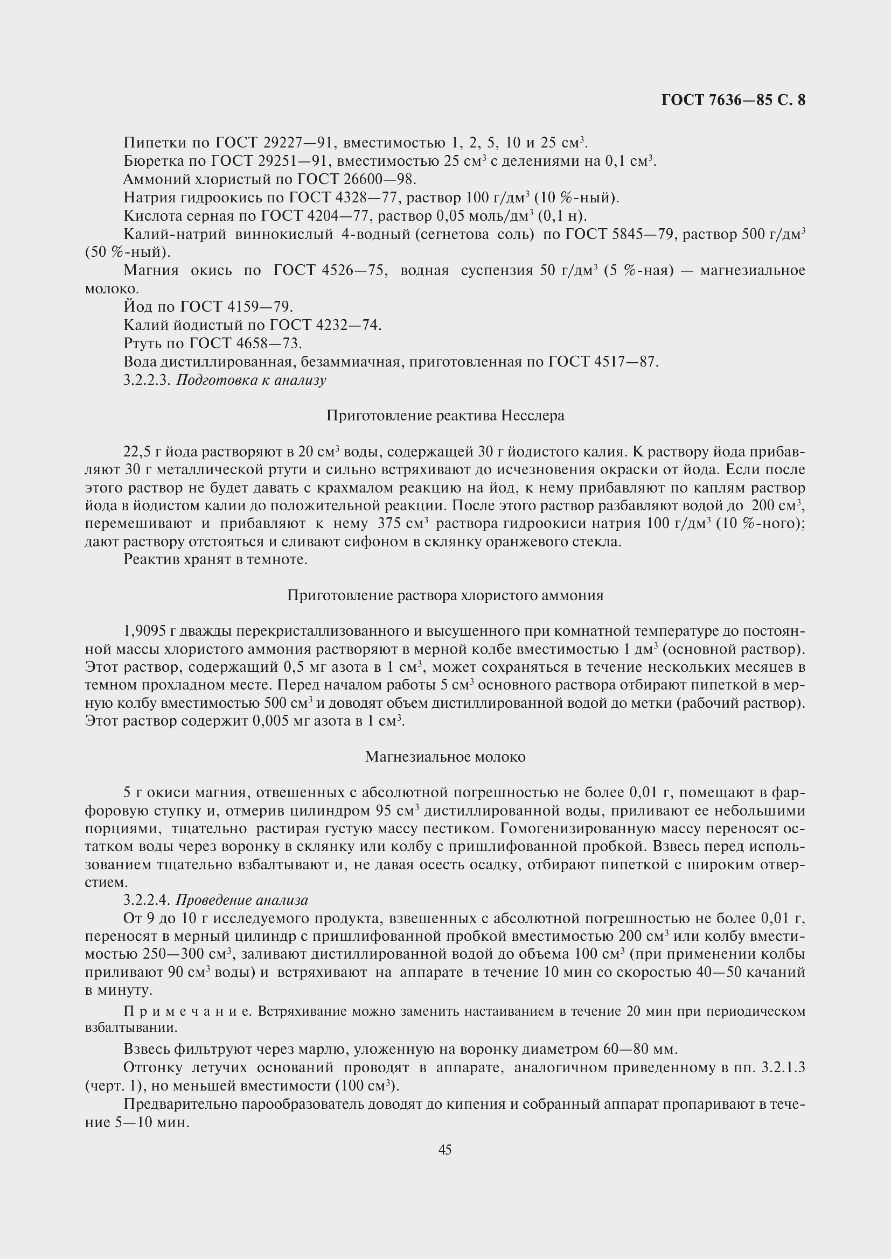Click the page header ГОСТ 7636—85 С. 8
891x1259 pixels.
[x=733, y=100]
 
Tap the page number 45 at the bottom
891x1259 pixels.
[x=445, y=1149]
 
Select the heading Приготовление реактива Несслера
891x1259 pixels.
[x=445, y=416]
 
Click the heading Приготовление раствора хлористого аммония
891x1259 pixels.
[x=445, y=595]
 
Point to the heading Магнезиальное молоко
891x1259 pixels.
[x=445, y=757]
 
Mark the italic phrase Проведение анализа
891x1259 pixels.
[x=242, y=900]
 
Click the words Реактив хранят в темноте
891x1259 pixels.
[x=215, y=559]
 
